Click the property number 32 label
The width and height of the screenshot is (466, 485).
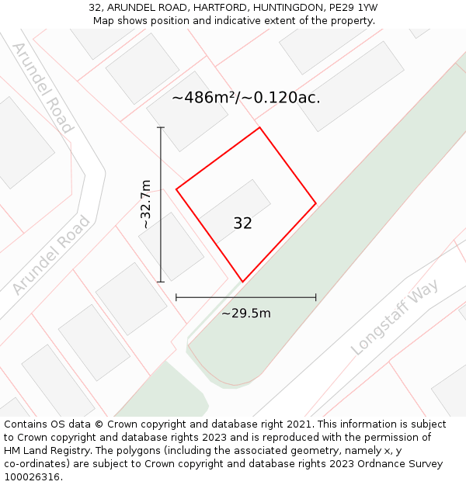tap(242, 223)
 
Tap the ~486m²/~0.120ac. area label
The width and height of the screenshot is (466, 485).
tap(245, 98)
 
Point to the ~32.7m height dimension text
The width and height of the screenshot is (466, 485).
tap(146, 204)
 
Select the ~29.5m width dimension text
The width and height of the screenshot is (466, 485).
tap(246, 314)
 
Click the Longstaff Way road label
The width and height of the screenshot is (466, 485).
tap(395, 317)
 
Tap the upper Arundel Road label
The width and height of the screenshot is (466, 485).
tap(43, 88)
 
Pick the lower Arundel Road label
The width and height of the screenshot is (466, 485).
tap(51, 255)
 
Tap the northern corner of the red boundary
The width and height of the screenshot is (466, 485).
tap(259, 127)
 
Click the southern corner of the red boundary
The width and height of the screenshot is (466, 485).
tap(242, 282)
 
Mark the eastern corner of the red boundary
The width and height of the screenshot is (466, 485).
tap(316, 203)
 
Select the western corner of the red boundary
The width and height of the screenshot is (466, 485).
tap(176, 189)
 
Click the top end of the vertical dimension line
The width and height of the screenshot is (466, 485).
tap(161, 127)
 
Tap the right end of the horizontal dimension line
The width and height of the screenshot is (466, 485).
tap(316, 296)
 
